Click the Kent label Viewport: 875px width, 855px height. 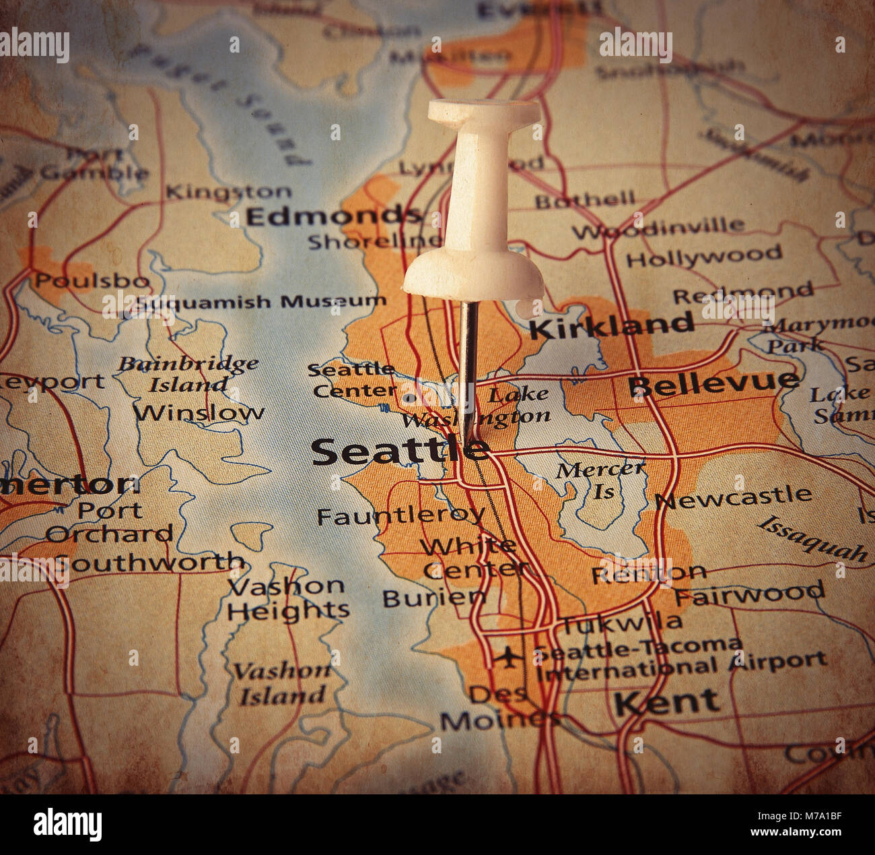[x=666, y=703]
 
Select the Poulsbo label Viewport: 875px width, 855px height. [x=92, y=280]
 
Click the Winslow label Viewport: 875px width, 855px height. [x=199, y=412]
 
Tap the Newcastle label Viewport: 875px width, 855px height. [x=734, y=497]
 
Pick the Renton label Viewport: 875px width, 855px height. [x=648, y=573]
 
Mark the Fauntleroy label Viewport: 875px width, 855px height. [x=400, y=516]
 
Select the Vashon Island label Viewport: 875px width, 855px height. [x=283, y=683]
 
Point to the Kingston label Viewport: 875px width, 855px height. [x=229, y=192]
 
